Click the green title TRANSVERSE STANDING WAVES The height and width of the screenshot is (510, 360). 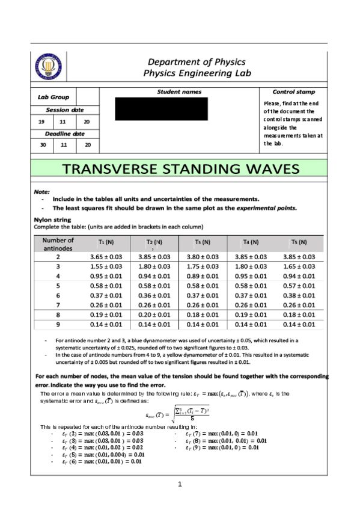[179, 169]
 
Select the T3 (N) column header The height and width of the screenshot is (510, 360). [203, 242]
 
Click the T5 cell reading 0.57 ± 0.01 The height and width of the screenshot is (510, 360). [299, 286]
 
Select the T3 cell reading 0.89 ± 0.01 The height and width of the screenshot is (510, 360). [203, 275]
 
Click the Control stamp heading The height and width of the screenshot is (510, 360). [293, 92]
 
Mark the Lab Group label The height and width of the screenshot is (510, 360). [53, 97]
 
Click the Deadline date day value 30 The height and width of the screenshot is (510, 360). [42, 145]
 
